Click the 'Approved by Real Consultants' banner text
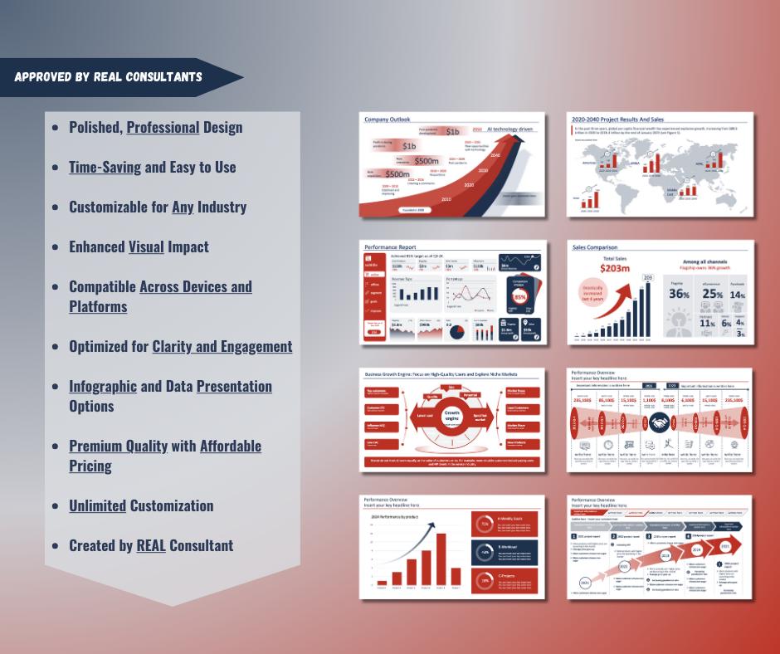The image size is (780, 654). click(x=108, y=77)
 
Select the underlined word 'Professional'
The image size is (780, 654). click(x=163, y=127)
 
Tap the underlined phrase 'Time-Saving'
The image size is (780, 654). click(x=105, y=167)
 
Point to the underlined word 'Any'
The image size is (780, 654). click(x=183, y=207)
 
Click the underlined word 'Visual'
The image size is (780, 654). click(x=146, y=246)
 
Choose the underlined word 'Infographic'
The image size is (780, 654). click(x=103, y=386)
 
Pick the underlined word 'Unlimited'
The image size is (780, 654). click(x=97, y=505)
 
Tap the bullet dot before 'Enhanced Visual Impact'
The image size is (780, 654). click(x=55, y=247)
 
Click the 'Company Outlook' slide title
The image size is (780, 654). click(x=387, y=120)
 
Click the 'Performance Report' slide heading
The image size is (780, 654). click(x=390, y=247)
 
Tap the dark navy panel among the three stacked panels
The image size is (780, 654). click(x=505, y=553)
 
